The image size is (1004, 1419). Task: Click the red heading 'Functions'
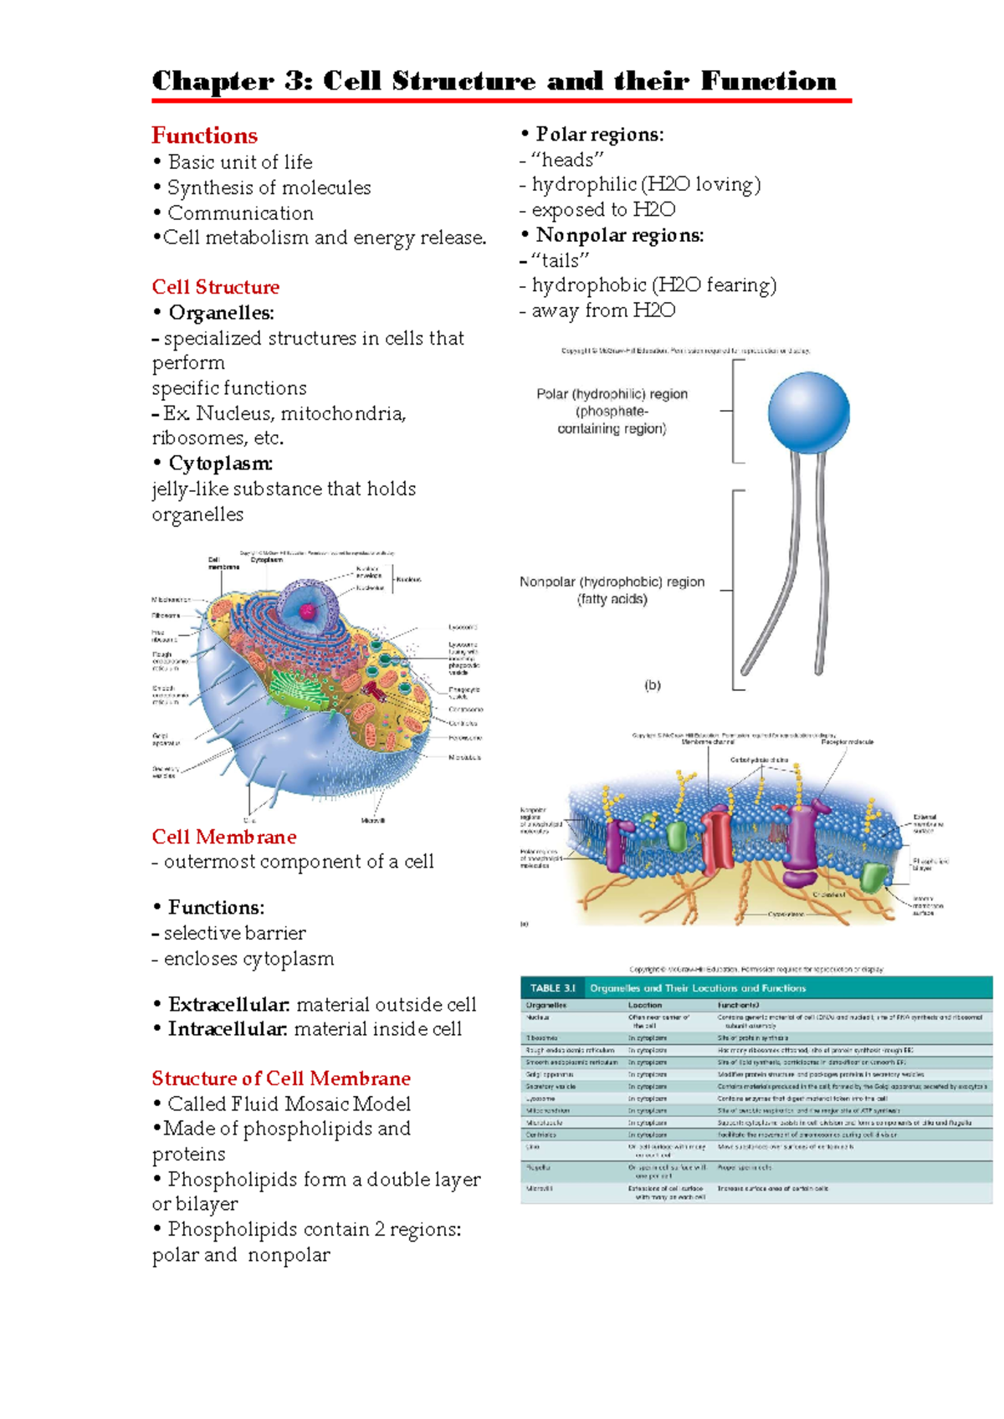coord(204,136)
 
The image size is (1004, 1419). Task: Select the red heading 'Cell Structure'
coord(216,287)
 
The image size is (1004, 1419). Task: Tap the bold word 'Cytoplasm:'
coord(221,464)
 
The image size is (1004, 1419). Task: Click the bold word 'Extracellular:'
coord(229,1004)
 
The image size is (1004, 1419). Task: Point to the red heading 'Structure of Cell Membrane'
coord(281,1078)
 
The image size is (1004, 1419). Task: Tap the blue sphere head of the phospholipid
coord(808,412)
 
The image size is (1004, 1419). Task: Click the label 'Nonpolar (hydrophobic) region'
coord(612,581)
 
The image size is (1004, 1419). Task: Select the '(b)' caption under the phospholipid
coord(653,685)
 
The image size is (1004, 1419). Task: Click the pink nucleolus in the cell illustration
coord(308,612)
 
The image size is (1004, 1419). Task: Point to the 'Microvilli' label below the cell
coord(373,821)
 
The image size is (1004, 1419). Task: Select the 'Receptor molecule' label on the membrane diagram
coord(847,742)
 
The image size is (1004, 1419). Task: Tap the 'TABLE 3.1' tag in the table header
coord(552,988)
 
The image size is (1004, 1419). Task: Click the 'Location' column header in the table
coord(645,1005)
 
